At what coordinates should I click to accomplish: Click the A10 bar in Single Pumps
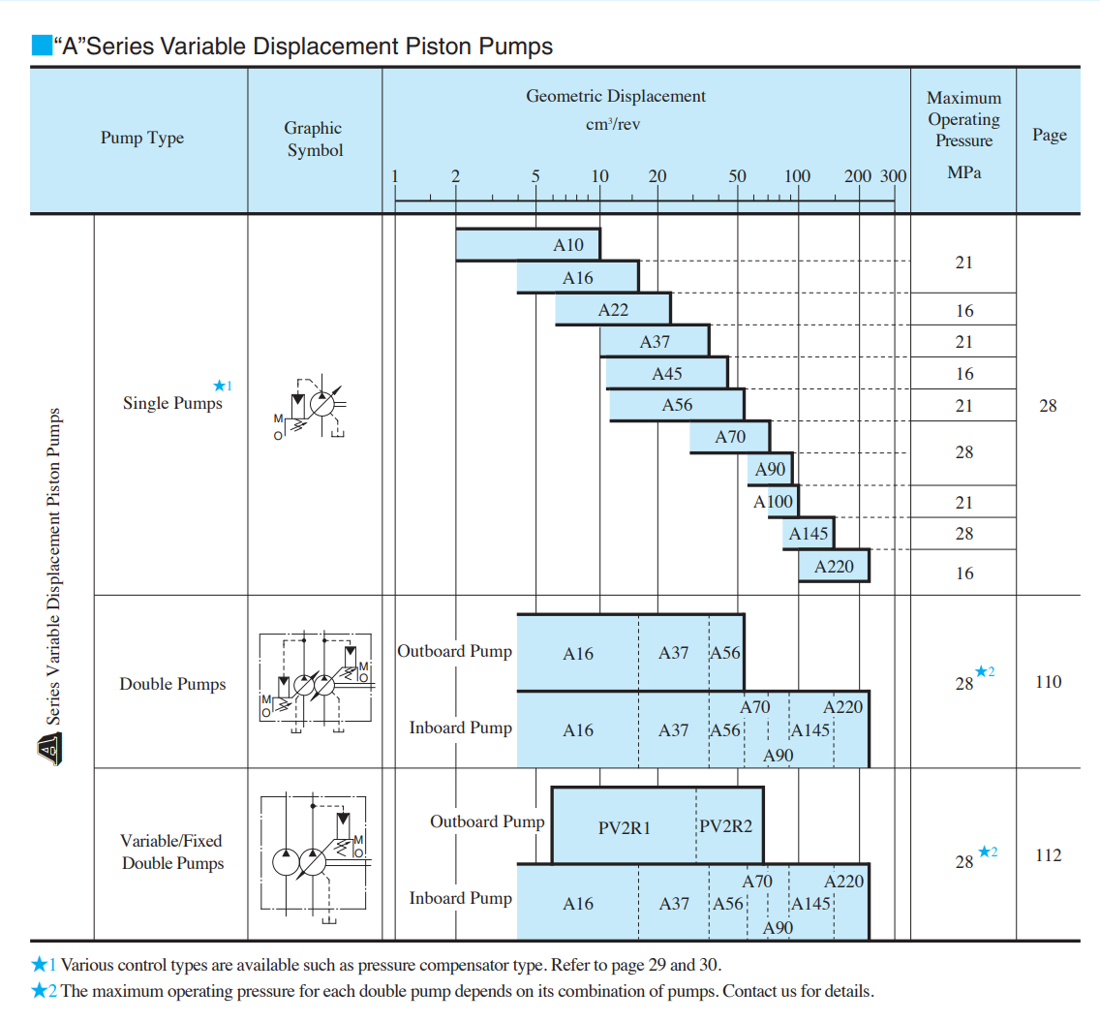529,244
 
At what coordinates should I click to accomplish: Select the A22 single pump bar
613,310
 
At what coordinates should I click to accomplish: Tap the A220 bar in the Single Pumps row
834,566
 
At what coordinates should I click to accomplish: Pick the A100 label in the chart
773,502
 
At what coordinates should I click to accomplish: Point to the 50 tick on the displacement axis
737,176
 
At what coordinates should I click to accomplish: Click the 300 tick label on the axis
893,176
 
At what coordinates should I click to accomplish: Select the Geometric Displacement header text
615,96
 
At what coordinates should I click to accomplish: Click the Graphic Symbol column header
314,139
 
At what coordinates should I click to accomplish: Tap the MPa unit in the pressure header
962,174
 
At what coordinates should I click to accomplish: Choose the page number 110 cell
1048,682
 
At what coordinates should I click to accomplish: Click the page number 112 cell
1048,855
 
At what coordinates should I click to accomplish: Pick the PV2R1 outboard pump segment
624,827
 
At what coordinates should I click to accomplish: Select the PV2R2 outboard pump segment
726,827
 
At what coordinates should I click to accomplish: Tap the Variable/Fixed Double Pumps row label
172,852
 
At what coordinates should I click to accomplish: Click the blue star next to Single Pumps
219,386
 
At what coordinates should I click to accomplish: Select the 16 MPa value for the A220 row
963,573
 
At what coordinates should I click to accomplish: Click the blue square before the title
41,46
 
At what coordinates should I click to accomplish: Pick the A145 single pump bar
809,534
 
